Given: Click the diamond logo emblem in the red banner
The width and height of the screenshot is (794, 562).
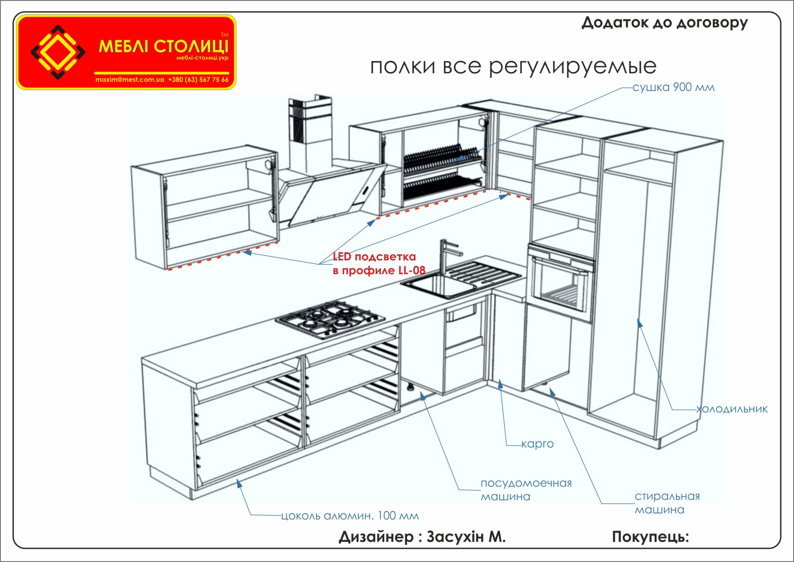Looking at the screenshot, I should [x=58, y=51].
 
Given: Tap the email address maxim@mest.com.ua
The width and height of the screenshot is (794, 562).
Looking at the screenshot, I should [x=129, y=80].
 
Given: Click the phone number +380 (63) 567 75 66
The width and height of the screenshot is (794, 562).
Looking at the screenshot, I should [x=198, y=80].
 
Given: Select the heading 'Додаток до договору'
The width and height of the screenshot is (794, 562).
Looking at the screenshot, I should [x=664, y=23].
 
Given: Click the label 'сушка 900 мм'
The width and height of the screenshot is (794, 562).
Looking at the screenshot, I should [x=673, y=87].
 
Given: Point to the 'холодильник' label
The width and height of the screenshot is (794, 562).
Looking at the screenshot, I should [x=732, y=409].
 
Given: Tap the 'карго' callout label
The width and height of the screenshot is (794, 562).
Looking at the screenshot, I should [x=537, y=444].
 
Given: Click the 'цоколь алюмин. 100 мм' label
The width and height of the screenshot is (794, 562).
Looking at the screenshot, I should [x=350, y=516].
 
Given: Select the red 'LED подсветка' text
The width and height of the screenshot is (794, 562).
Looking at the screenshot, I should [x=374, y=257].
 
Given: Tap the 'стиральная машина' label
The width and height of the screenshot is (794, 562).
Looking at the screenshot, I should [x=667, y=503].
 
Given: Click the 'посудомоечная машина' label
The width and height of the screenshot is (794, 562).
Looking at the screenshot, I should [x=526, y=490].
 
